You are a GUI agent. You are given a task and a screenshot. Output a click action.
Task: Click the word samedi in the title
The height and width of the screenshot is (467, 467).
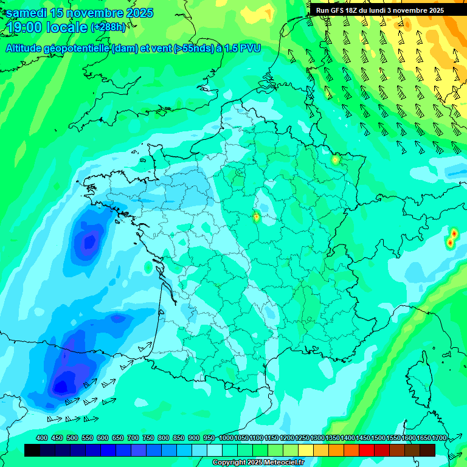(27, 13)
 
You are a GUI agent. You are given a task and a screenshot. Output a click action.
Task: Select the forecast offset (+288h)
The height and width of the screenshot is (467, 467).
(108, 27)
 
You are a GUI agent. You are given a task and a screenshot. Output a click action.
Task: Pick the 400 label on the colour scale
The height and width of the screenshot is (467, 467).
(42, 438)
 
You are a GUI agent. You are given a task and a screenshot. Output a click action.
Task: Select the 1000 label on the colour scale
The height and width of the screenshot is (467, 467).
(226, 438)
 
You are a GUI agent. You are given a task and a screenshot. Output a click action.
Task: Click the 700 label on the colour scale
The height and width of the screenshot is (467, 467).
(133, 438)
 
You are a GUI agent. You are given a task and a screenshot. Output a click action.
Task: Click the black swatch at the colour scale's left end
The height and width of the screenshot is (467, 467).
(33, 450)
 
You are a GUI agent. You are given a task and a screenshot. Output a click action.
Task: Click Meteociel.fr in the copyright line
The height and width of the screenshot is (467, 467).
(278, 463)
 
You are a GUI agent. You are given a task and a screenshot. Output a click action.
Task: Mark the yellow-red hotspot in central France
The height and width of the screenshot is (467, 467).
(257, 216)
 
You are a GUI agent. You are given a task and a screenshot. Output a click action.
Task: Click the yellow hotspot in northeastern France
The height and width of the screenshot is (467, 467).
(335, 160)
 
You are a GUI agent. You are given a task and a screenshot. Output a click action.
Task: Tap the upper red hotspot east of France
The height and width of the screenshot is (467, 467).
(454, 233)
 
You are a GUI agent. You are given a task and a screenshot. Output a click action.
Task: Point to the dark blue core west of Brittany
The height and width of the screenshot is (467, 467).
(89, 242)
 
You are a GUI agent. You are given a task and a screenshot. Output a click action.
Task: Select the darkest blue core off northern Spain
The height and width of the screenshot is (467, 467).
(61, 384)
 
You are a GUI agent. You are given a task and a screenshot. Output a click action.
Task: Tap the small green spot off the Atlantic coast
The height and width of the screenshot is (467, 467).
(148, 267)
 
